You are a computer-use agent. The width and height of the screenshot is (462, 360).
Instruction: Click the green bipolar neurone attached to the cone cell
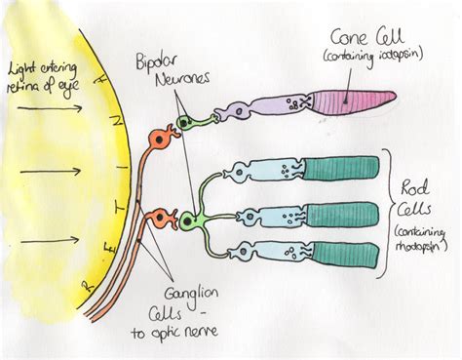[x=182, y=124]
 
